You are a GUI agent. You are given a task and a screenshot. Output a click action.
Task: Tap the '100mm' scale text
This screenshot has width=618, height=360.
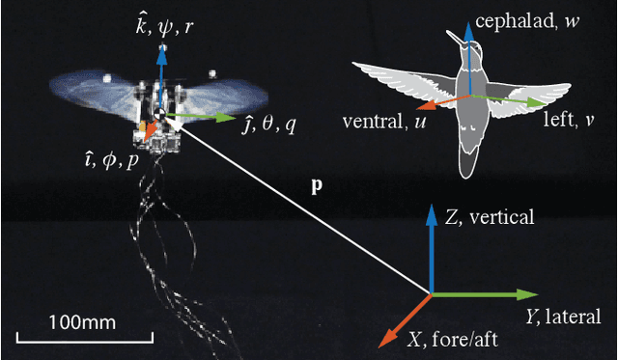point(84,318)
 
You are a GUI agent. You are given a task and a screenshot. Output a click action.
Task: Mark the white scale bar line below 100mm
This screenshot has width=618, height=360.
point(86,338)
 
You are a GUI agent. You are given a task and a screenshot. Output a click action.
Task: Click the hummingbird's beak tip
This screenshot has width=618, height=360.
point(448,32)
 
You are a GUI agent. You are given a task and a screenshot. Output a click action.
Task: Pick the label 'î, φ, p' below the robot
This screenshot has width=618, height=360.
point(109,155)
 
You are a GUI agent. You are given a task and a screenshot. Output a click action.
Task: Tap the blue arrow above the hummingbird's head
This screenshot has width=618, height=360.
point(467,39)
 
